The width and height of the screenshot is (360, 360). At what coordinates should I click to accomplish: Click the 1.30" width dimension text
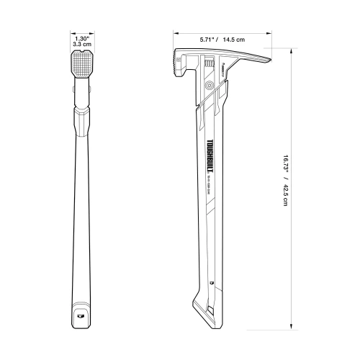(x=81, y=37)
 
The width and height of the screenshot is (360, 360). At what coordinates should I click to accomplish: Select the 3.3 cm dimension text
(x=81, y=45)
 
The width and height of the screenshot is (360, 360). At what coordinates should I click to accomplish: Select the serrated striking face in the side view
(x=176, y=65)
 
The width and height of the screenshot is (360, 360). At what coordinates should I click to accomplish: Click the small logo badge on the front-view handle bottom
(x=81, y=313)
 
